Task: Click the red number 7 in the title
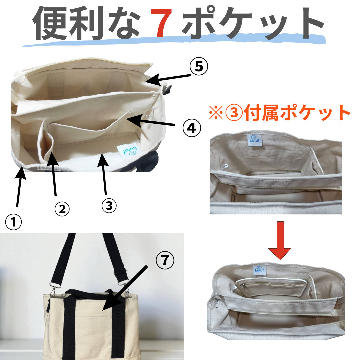click(x=161, y=23)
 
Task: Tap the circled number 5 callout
click(x=199, y=67)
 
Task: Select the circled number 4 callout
click(x=192, y=128)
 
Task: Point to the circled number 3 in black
click(x=109, y=205)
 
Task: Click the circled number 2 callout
click(x=62, y=209)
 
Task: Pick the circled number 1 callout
click(x=13, y=222)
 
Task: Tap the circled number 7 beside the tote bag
click(x=165, y=260)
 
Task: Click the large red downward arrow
click(x=280, y=241)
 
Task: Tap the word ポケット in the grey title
click(x=253, y=23)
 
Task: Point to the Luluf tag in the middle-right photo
click(x=255, y=139)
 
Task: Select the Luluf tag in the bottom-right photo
click(x=259, y=270)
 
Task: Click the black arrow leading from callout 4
click(x=150, y=121)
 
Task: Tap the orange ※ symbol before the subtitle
click(x=216, y=113)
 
